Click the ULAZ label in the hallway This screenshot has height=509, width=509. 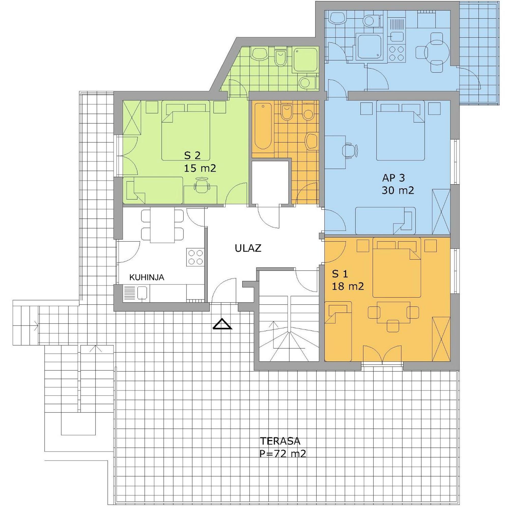point(248,248)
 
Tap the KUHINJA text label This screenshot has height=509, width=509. point(147,277)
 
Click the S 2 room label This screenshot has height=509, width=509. point(192,155)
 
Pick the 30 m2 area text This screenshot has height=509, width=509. point(398,190)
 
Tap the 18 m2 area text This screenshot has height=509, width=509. point(348,286)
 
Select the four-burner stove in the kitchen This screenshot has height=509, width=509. point(195,257)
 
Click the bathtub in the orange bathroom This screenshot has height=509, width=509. point(263,126)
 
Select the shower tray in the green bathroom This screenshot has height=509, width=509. point(305,60)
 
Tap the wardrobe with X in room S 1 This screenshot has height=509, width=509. point(441,339)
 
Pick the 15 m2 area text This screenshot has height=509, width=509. point(200,168)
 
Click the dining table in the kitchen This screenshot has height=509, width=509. point(163,226)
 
